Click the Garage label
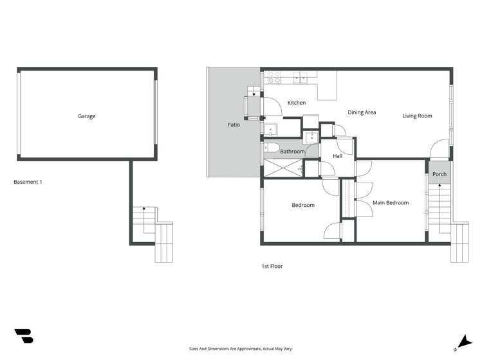click(x=86, y=116)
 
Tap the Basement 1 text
click(x=28, y=182)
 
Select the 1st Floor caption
click(x=272, y=266)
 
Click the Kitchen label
click(x=296, y=103)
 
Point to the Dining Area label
click(x=362, y=112)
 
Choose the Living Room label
click(x=417, y=116)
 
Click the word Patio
click(x=234, y=125)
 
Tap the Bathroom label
click(x=293, y=152)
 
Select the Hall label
click(x=337, y=156)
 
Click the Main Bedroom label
click(x=391, y=203)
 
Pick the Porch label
click(x=440, y=174)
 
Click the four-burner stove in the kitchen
click(x=273, y=77)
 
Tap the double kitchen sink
click(x=301, y=77)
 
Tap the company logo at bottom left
click(x=24, y=336)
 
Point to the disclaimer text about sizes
click(x=241, y=349)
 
